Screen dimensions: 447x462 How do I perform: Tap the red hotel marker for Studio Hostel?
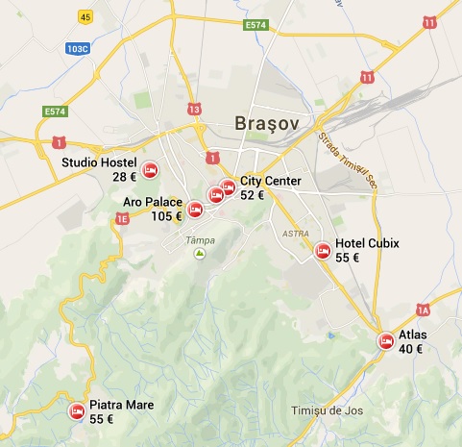point(150,171)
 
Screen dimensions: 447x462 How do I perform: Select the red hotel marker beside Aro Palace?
point(195,209)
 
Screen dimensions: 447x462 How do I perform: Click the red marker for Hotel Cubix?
point(323,251)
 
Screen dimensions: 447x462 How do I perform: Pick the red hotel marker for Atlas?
point(385,341)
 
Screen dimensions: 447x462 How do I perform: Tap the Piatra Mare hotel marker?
point(76,411)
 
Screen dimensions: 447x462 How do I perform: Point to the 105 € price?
point(166,215)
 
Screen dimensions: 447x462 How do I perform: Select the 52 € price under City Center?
point(253,194)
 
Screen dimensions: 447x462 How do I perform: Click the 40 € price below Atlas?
point(412,349)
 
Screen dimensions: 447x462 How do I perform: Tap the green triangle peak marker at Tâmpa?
point(200,253)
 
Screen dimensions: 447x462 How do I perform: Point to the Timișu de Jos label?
point(327,411)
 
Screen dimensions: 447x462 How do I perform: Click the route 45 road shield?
point(85,17)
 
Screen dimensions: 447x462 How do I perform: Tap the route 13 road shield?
point(196,109)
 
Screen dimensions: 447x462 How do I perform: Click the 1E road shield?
point(122,220)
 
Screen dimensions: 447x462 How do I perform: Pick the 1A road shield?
point(423,309)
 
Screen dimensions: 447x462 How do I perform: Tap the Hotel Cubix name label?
point(367,243)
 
